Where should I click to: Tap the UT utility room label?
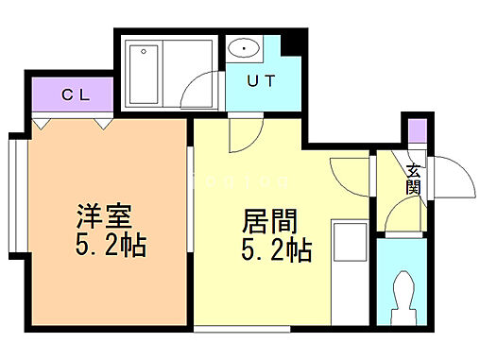262,80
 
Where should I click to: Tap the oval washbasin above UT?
243,47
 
